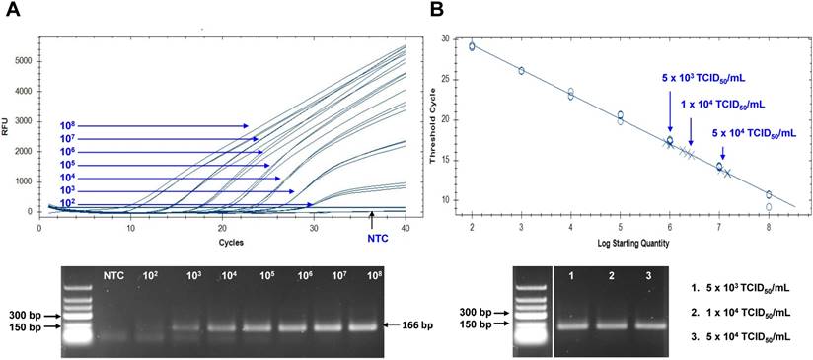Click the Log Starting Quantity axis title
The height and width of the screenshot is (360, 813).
click(x=633, y=240)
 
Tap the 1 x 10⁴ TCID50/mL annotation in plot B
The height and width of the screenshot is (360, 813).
click(x=722, y=102)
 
